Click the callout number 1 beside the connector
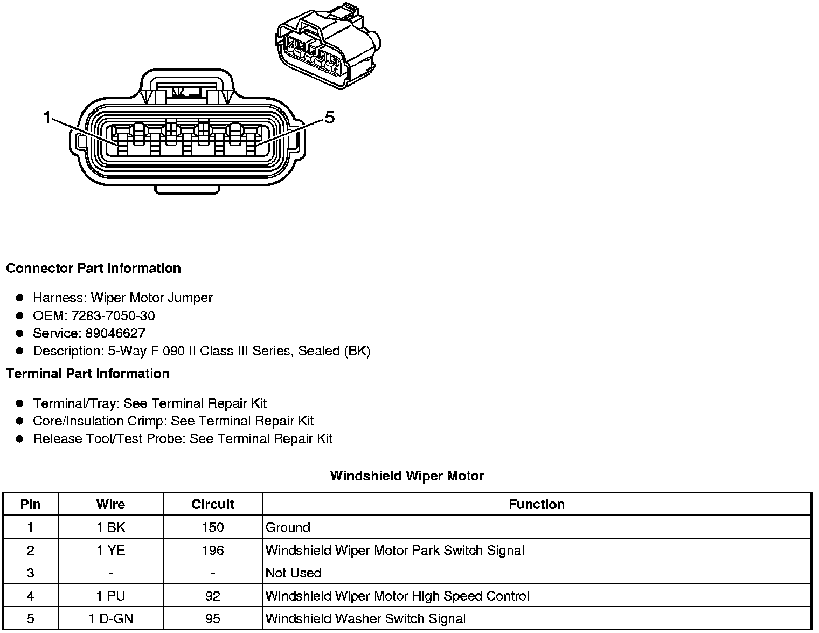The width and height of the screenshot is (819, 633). (x=47, y=117)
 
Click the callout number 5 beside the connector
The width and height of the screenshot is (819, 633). (x=329, y=117)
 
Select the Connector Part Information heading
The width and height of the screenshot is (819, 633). (x=93, y=269)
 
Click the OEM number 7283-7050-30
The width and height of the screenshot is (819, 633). (x=113, y=315)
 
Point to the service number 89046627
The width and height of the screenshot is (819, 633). (x=115, y=333)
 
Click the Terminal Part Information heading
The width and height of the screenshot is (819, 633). (x=88, y=374)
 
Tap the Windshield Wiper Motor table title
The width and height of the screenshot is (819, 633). (x=407, y=476)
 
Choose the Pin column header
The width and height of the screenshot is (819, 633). (x=30, y=504)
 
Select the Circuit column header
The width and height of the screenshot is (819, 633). (x=212, y=504)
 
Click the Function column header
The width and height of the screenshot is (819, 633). (x=536, y=504)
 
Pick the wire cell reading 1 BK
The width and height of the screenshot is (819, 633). (x=110, y=527)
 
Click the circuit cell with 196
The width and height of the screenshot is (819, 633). (x=212, y=551)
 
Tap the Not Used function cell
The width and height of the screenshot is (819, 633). (x=293, y=573)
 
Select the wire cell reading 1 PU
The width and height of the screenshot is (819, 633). (x=110, y=596)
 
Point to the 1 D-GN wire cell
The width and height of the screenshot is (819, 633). (x=110, y=618)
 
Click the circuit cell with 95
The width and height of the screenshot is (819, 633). (x=212, y=618)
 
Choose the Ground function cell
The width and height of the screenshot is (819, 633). (x=288, y=527)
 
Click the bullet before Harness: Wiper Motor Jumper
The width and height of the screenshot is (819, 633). (x=20, y=298)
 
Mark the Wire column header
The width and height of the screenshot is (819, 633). (x=110, y=504)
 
